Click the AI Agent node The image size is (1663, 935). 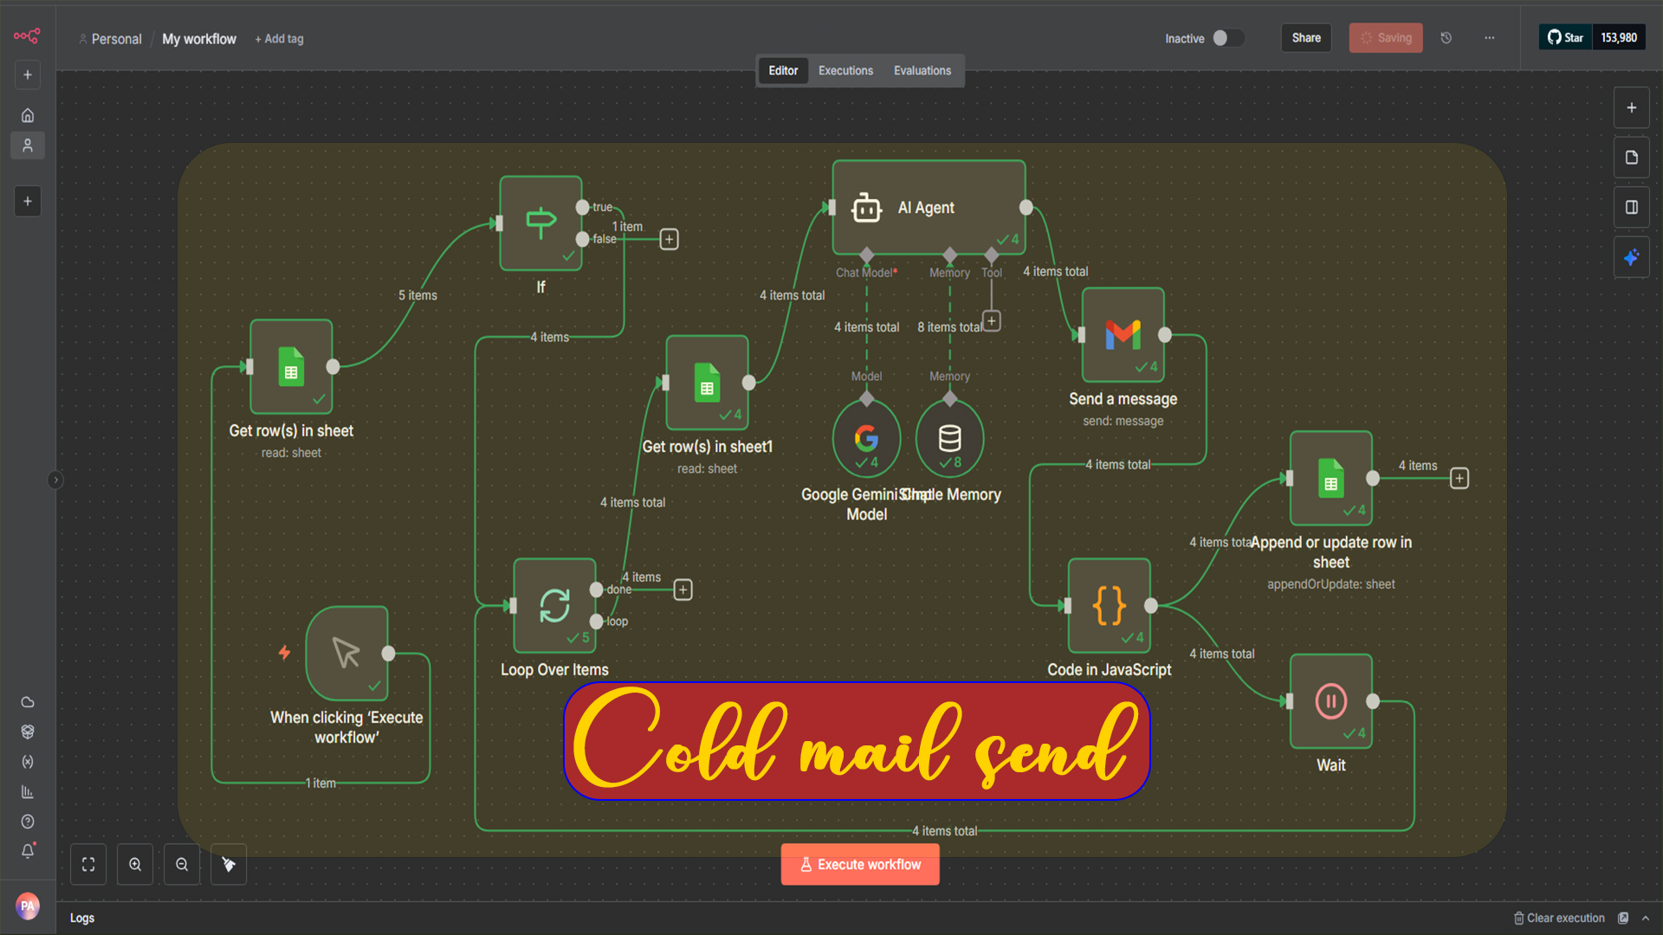coord(928,208)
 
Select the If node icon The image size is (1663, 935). coord(540,223)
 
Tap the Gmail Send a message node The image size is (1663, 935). coord(1123,335)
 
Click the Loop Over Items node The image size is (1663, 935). coord(554,605)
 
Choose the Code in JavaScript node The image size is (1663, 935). coord(1109,605)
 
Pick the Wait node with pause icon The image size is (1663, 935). coord(1330,701)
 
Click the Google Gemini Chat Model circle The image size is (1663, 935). coord(866,439)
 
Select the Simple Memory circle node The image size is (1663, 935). coord(949,439)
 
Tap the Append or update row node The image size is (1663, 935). coord(1330,479)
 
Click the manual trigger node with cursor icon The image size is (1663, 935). coord(346,654)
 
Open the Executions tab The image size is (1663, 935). coord(845,71)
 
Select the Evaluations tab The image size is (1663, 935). coord(922,71)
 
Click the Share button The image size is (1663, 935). coord(1306,38)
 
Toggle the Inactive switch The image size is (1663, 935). coord(1227,38)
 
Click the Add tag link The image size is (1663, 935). coord(280,39)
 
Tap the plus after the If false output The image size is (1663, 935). coord(669,239)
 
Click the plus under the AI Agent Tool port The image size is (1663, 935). coord(992,321)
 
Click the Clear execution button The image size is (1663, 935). coord(1559,918)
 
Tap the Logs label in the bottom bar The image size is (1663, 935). coord(82,918)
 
